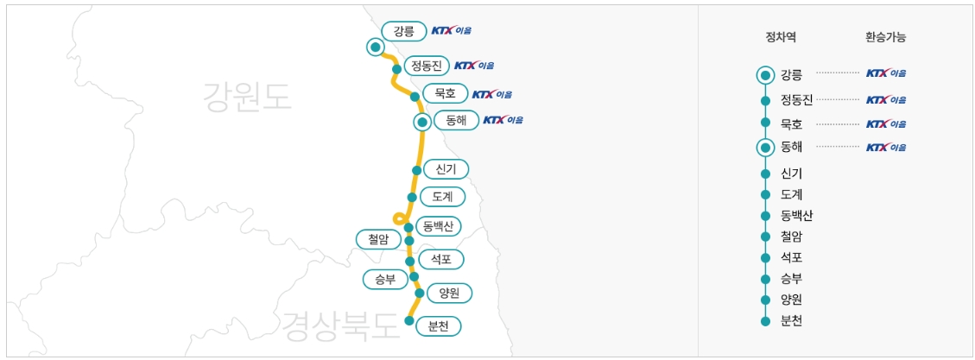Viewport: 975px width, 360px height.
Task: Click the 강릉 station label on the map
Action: click(404, 31)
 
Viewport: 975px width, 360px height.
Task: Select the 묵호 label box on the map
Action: click(446, 93)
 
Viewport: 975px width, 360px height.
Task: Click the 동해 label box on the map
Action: click(456, 121)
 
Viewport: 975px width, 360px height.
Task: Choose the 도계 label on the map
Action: click(443, 196)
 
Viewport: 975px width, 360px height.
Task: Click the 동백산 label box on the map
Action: click(438, 226)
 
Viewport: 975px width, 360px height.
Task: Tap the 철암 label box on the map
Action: click(378, 238)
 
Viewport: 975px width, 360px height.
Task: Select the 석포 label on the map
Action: click(440, 259)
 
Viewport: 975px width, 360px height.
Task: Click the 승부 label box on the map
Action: click(385, 279)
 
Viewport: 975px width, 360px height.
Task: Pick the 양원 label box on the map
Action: click(449, 294)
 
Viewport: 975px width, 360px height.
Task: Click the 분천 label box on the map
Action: click(438, 326)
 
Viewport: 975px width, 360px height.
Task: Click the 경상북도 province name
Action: click(339, 325)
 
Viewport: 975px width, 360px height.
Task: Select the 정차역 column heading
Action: click(781, 37)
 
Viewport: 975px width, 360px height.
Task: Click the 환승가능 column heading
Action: click(885, 37)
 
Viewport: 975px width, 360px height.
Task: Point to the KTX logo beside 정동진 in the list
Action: click(886, 99)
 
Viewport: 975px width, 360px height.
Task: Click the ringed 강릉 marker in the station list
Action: click(765, 74)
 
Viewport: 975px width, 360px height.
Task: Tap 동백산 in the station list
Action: click(796, 215)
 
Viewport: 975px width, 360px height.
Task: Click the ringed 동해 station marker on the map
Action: click(421, 122)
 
